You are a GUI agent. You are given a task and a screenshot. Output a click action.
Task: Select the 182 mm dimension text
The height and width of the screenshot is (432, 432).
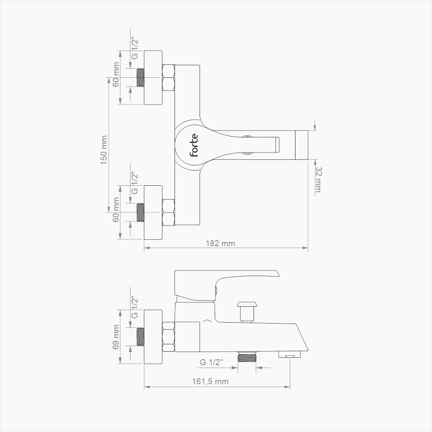pyautogui.click(x=225, y=244)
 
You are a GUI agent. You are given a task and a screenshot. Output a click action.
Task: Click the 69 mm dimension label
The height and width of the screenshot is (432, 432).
pyautogui.click(x=116, y=337)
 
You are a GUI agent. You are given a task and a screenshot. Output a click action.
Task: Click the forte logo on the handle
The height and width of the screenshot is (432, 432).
pyautogui.click(x=194, y=145)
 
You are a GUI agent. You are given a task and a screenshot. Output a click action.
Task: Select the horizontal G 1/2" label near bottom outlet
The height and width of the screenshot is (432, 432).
pyautogui.click(x=211, y=362)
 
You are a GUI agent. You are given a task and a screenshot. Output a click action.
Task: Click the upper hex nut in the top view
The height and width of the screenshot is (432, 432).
pyautogui.click(x=168, y=78)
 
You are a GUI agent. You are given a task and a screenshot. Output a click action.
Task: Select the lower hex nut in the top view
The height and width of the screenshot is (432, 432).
pyautogui.click(x=168, y=212)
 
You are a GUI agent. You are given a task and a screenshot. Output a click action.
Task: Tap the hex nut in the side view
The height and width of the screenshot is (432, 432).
pyautogui.click(x=168, y=337)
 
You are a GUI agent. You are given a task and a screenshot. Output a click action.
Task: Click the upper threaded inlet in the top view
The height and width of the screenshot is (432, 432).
pyautogui.click(x=140, y=78)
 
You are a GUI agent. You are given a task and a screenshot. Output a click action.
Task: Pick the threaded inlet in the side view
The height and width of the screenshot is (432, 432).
pyautogui.click(x=140, y=337)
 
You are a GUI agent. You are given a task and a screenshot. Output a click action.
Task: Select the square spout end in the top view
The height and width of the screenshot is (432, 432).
pyautogui.click(x=301, y=145)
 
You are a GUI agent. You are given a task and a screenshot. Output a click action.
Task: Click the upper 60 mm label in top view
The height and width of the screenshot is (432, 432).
pyautogui.click(x=116, y=74)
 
